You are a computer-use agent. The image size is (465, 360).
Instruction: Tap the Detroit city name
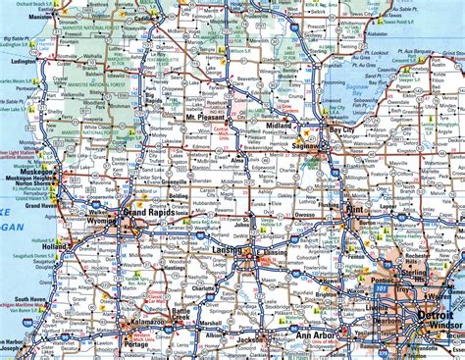pyautogui.click(x=434, y=315)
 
